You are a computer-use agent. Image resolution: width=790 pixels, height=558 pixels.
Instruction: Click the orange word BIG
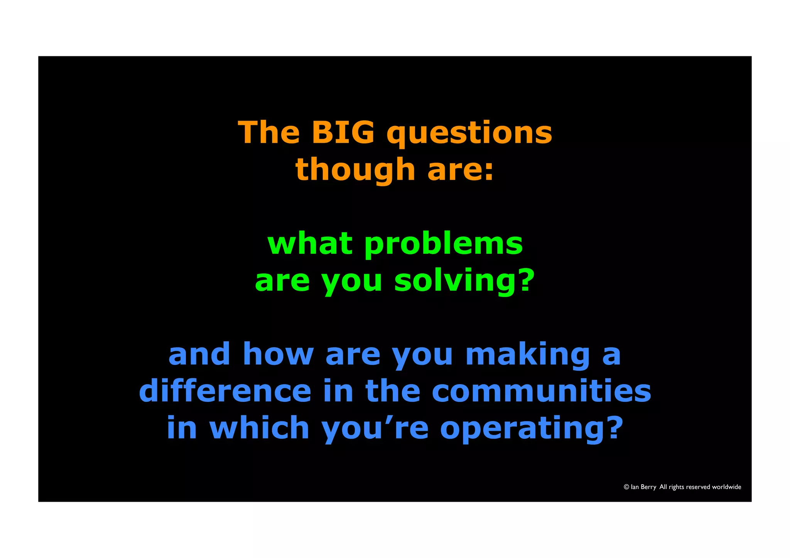tap(343, 132)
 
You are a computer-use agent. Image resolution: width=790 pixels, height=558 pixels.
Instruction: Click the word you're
tap(375, 428)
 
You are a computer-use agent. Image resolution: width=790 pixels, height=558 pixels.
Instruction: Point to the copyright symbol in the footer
tap(626, 487)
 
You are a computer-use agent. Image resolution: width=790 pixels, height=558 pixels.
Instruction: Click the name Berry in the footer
tap(648, 487)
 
